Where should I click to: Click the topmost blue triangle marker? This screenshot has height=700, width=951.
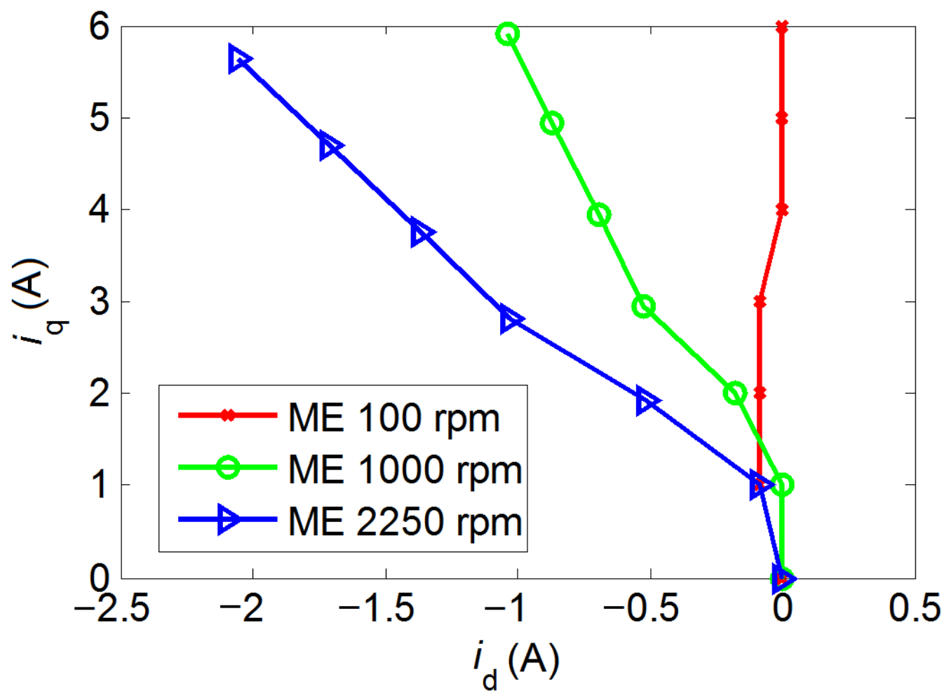[x=238, y=60]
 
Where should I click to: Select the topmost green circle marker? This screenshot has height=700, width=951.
[x=508, y=34]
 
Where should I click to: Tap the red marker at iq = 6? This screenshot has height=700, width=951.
[x=782, y=27]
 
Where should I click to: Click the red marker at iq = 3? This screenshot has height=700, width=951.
[x=760, y=302]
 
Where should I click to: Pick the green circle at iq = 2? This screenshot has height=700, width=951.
[x=735, y=393]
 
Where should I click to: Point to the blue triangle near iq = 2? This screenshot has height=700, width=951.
[x=647, y=402]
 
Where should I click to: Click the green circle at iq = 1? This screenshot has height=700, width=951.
[x=783, y=484]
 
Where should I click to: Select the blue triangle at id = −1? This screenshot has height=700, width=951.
[x=511, y=320]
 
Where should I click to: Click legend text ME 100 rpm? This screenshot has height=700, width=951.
[x=394, y=418]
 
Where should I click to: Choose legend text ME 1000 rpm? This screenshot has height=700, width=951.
[x=405, y=469]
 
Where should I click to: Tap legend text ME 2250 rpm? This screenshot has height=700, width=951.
[x=405, y=522]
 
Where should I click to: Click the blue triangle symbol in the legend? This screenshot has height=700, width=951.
[x=229, y=519]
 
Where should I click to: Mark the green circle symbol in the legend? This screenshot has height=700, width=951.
[x=228, y=467]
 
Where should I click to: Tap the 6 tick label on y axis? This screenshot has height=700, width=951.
[x=100, y=28]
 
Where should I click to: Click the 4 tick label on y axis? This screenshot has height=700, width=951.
[x=100, y=210]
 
